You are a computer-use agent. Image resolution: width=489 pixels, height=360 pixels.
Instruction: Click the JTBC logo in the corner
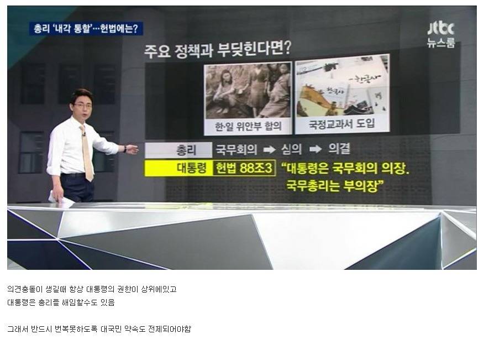coord(440,33)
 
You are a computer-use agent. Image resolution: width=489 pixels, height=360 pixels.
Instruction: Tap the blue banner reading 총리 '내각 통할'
coord(86,29)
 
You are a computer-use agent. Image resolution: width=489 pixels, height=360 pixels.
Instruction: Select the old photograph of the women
coord(248,90)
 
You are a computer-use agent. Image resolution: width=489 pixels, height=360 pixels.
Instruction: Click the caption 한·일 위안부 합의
coord(248,126)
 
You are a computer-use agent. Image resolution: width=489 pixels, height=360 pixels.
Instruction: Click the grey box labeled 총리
coord(178,149)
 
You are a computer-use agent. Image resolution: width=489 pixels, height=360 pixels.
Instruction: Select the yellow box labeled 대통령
coord(178,168)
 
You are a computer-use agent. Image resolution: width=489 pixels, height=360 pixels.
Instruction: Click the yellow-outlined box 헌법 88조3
coord(244,168)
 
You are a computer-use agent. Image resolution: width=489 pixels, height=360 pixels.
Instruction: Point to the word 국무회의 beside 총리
coord(236,149)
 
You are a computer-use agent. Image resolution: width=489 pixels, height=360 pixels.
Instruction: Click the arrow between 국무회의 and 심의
coord(269,149)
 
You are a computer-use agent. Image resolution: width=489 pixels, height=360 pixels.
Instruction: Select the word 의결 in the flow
coord(339,149)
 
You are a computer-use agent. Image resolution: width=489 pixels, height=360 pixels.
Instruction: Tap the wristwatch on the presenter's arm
coord(126,149)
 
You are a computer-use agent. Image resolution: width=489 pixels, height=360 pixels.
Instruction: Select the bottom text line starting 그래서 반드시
coord(99,330)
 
